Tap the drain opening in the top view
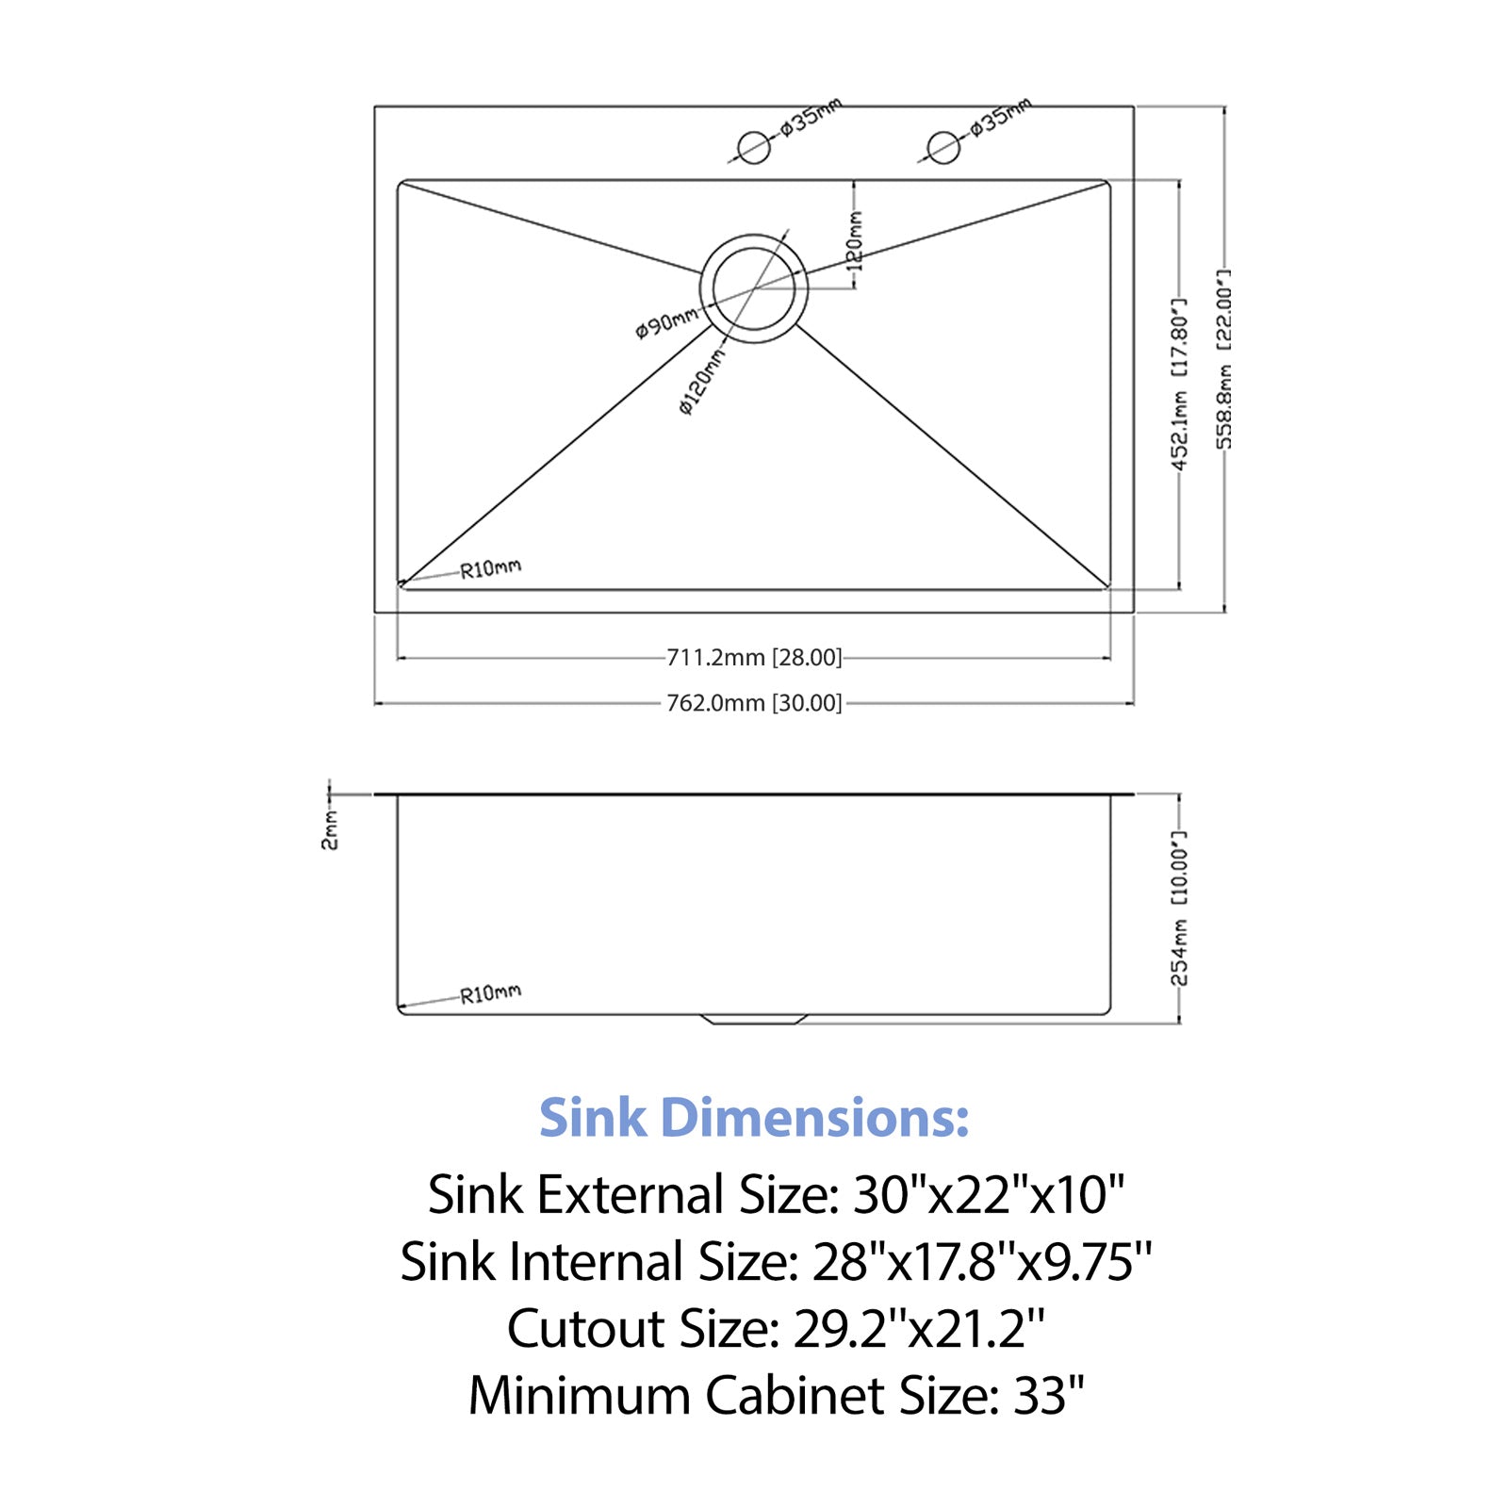(754, 288)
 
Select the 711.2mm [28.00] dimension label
(754, 657)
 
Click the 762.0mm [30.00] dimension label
(754, 703)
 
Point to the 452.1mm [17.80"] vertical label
(1179, 384)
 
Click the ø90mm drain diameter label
(667, 322)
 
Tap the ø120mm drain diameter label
(702, 382)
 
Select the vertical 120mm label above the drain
(855, 240)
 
